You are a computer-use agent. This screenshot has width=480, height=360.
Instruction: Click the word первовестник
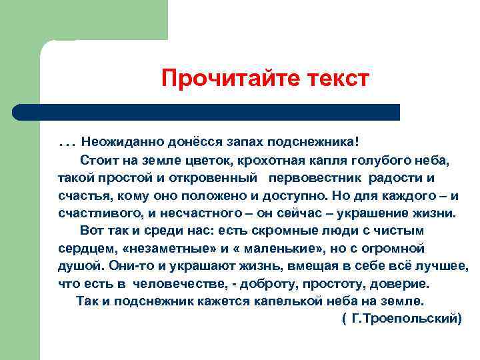click(316, 179)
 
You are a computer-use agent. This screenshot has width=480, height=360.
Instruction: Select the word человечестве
click(171, 283)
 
